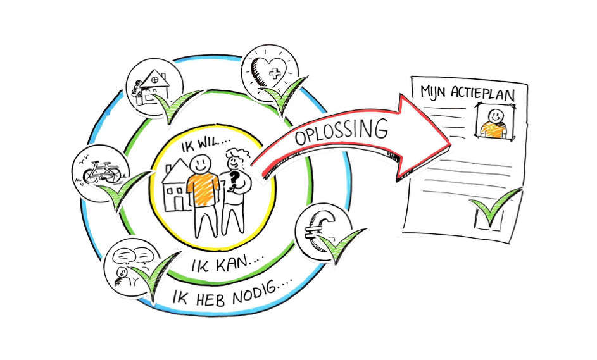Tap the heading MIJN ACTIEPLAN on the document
coord(468,93)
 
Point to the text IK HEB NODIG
coord(232,294)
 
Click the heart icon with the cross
coord(269,71)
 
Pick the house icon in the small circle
coord(151,87)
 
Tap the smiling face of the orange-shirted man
coord(201,164)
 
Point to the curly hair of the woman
coord(237,154)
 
